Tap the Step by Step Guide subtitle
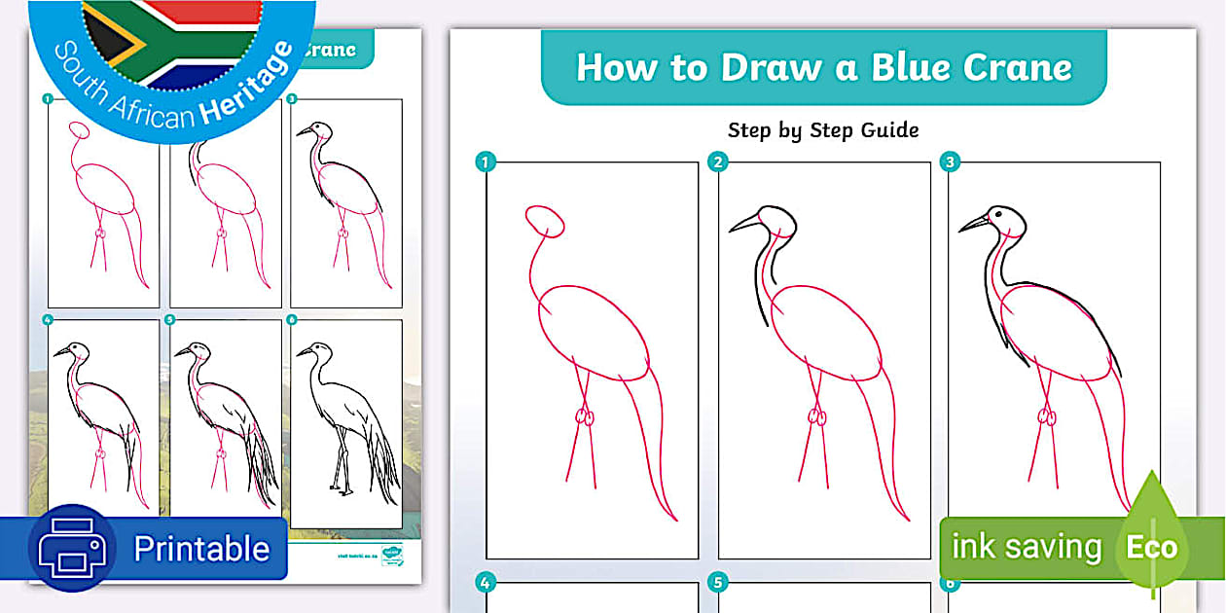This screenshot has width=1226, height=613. click(x=823, y=129)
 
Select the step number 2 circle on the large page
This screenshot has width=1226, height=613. click(x=718, y=162)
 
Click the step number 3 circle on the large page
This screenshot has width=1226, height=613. click(x=949, y=162)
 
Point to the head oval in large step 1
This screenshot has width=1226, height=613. click(x=544, y=221)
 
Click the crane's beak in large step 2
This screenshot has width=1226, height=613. click(x=744, y=224)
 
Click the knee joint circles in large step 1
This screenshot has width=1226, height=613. click(x=584, y=416)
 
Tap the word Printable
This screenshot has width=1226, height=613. click(x=201, y=549)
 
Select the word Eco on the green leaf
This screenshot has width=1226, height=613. click(x=1151, y=547)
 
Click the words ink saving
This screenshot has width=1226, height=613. click(x=1026, y=547)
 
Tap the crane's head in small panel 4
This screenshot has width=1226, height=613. click(x=77, y=351)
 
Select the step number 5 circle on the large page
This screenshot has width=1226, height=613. click(x=718, y=584)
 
